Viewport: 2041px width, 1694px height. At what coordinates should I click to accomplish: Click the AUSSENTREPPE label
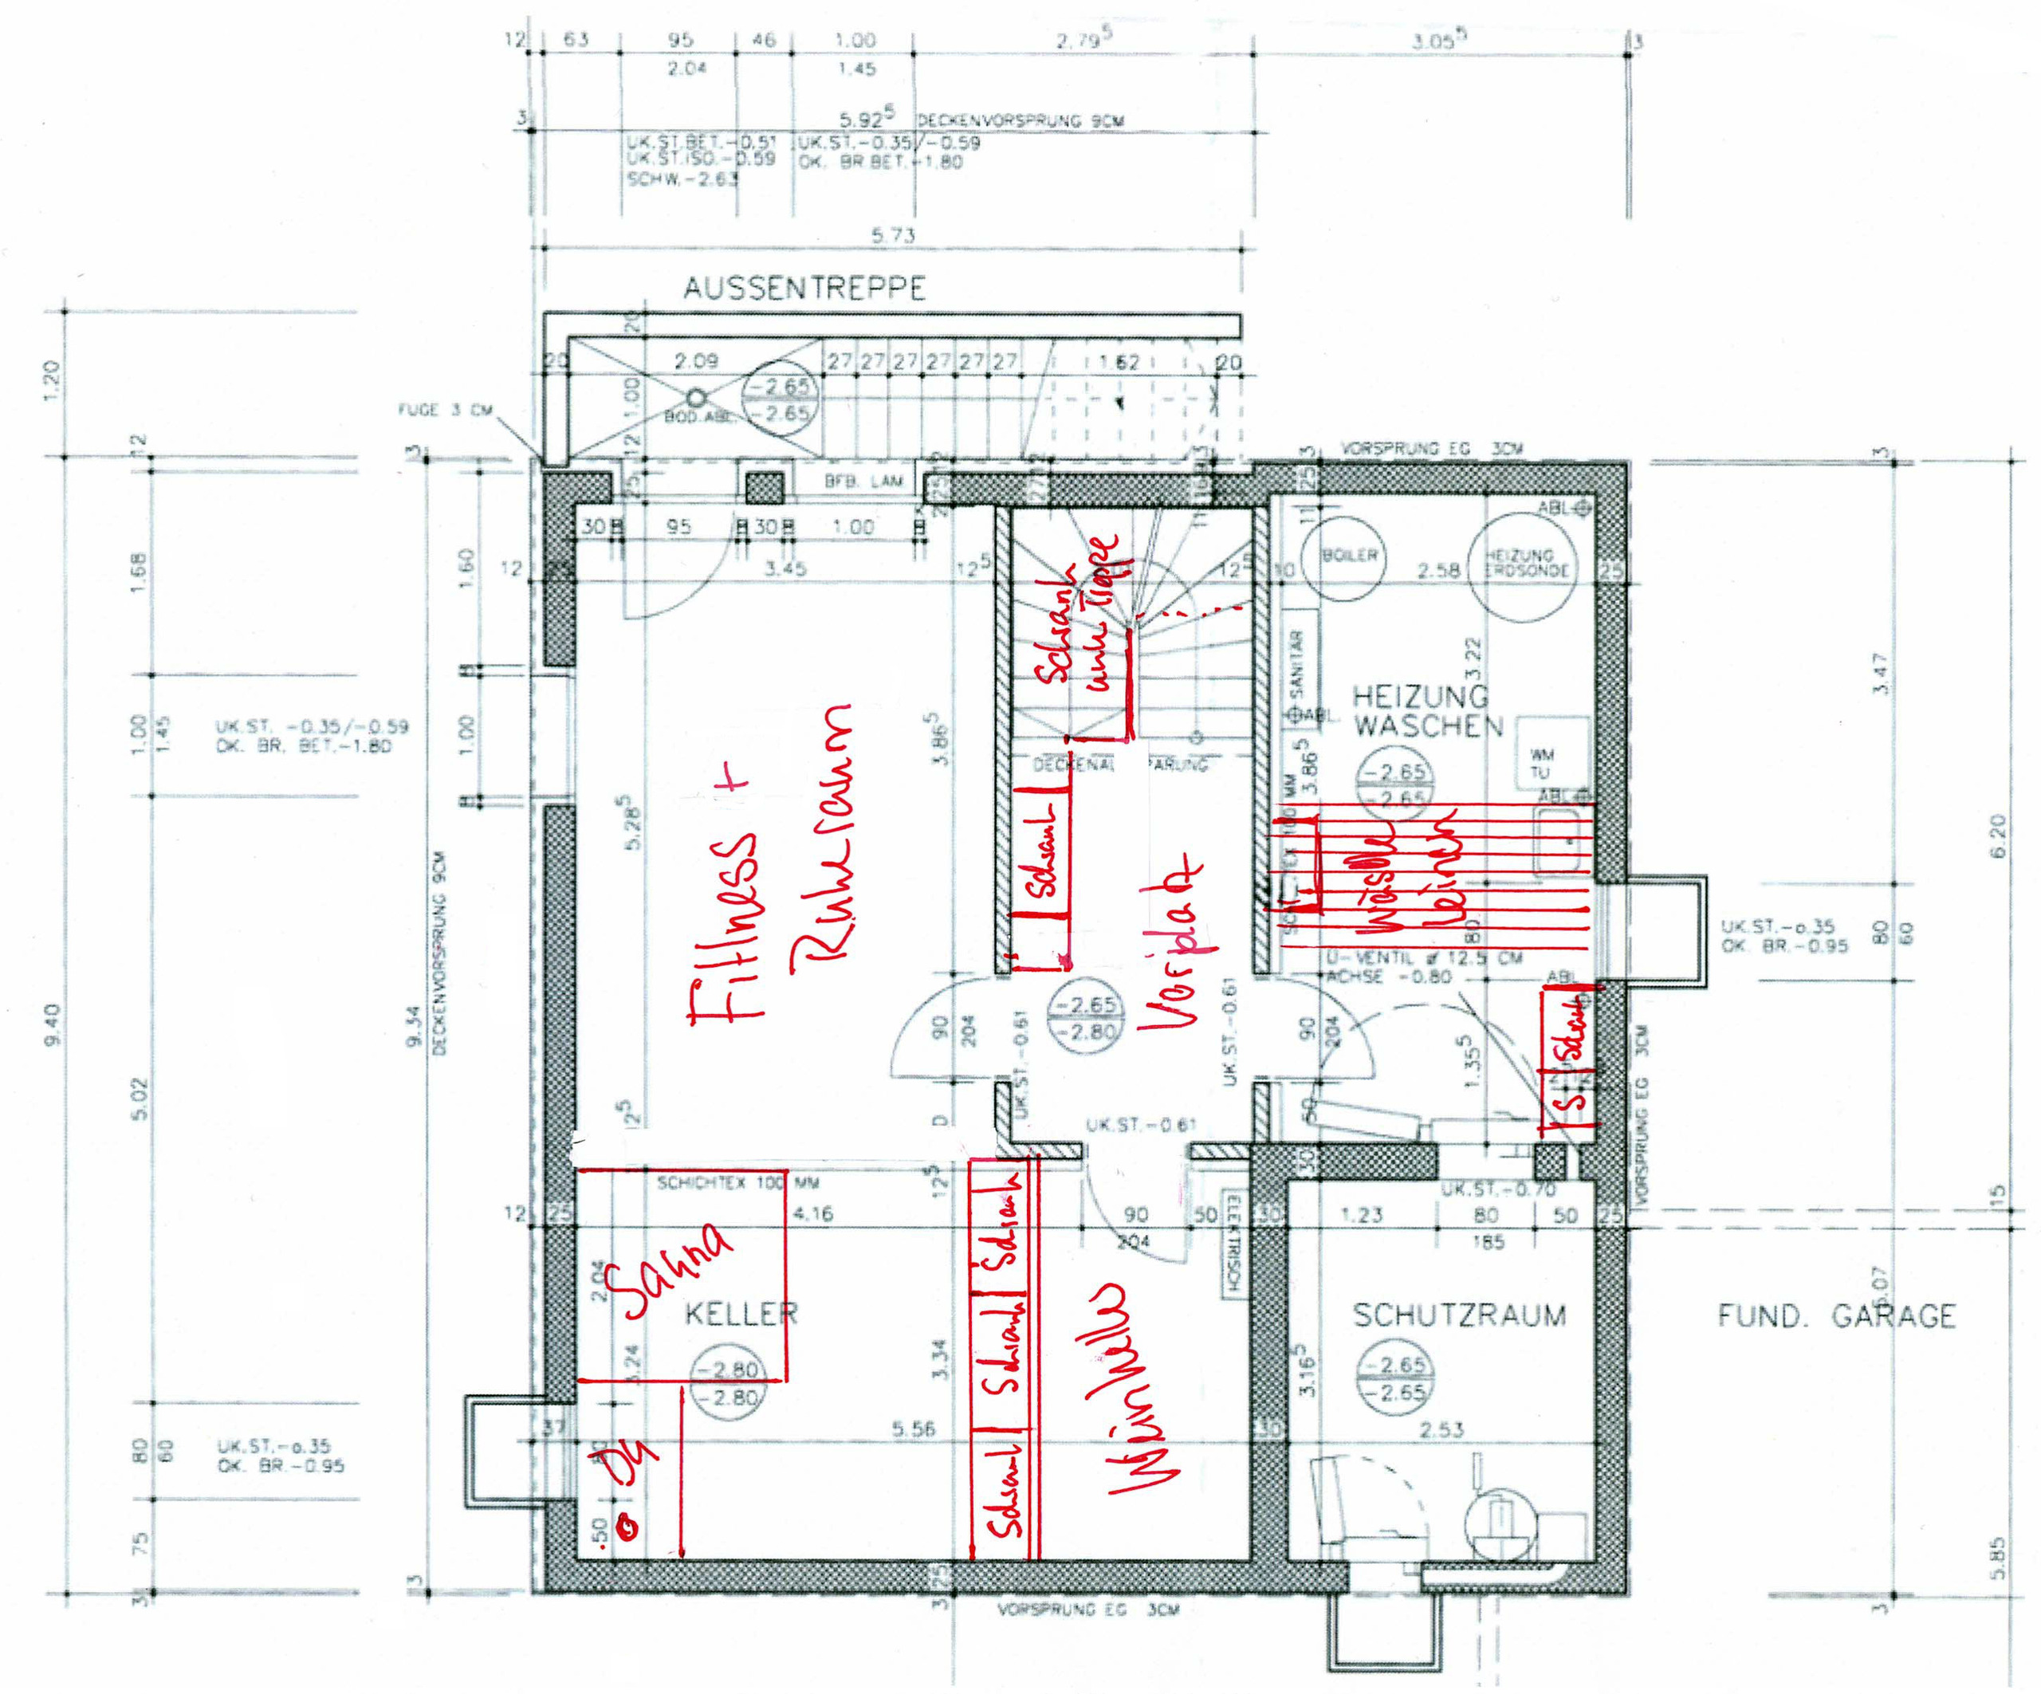804,289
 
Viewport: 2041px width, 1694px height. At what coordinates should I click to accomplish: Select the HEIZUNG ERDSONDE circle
1525,564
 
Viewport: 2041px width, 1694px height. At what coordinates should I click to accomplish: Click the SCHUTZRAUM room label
1460,1315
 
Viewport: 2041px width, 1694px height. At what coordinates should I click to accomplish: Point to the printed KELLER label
741,1314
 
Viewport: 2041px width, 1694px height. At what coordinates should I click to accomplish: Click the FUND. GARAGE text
1836,1316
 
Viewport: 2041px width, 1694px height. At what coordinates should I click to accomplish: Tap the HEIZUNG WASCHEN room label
1428,710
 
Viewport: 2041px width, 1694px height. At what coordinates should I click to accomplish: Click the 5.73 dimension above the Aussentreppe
892,235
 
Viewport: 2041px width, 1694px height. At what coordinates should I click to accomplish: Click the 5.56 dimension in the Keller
913,1429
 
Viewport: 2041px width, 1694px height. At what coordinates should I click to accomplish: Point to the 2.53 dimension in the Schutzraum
1441,1429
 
